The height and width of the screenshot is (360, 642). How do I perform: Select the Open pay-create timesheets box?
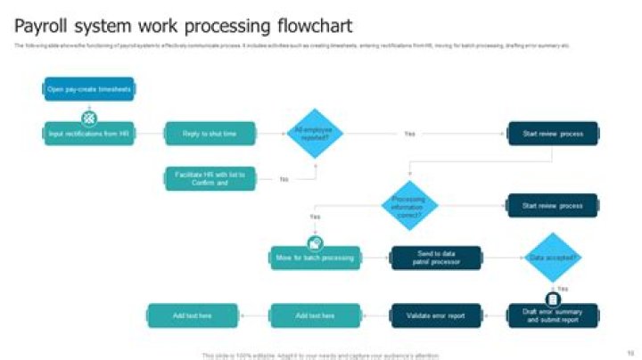coord(89,89)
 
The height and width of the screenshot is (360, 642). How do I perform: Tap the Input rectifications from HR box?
coord(89,134)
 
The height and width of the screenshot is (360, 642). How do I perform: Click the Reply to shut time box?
coord(210,134)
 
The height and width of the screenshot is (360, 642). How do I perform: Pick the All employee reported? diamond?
coord(314,134)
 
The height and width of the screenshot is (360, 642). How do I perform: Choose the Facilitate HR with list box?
coord(210,177)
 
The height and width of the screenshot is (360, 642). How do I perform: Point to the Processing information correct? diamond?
coord(409,205)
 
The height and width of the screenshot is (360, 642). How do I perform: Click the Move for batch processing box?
coord(315,258)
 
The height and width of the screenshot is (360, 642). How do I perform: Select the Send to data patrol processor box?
coord(435,258)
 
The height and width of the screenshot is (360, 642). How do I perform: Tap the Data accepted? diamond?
coord(553,258)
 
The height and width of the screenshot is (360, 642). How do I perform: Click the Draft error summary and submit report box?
coord(553,315)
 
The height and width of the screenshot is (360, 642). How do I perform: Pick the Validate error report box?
coord(435,315)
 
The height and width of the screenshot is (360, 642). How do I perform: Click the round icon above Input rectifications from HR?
coord(89,117)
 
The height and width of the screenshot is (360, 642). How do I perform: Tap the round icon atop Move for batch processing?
coord(315,242)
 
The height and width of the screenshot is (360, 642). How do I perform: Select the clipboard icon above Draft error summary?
coord(553,299)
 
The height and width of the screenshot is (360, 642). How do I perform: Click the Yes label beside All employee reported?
coord(409,134)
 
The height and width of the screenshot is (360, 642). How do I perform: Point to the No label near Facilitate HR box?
coord(284,179)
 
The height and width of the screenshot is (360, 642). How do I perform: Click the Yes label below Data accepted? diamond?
coord(563,289)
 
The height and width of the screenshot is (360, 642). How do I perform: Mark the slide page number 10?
coord(630,353)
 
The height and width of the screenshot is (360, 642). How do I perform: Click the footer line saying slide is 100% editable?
coord(320,356)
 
